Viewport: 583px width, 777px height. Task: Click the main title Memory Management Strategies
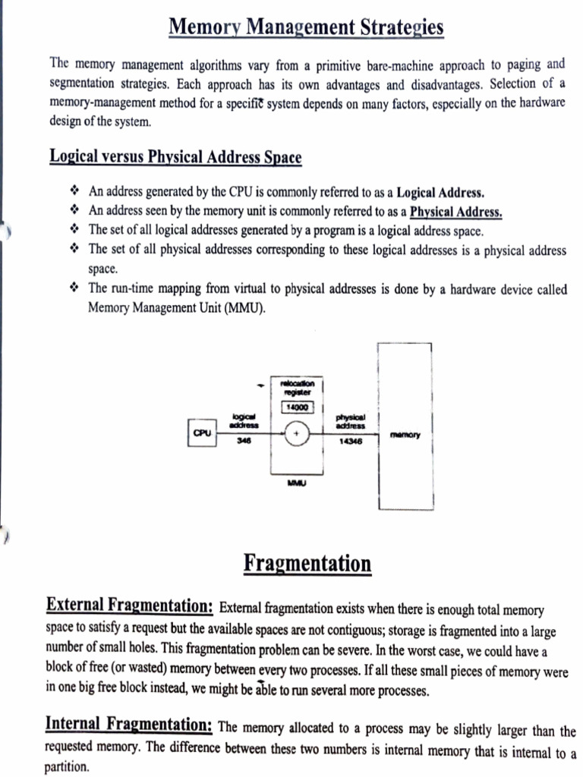click(306, 28)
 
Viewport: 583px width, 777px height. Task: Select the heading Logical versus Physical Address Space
click(175, 157)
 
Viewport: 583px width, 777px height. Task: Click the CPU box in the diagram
click(202, 433)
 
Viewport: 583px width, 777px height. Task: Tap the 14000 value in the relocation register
click(294, 407)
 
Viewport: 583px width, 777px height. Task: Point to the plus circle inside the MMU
click(296, 434)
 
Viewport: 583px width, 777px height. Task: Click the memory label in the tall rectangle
click(405, 435)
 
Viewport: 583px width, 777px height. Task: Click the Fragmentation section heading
click(307, 565)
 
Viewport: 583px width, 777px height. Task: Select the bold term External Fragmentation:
click(130, 605)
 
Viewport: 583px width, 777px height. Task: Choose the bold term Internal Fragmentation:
click(129, 724)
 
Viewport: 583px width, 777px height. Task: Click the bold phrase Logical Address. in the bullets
click(440, 192)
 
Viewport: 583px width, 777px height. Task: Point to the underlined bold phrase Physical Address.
click(456, 212)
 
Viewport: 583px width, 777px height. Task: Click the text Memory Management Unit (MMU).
click(177, 308)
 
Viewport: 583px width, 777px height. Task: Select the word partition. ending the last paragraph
click(67, 766)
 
